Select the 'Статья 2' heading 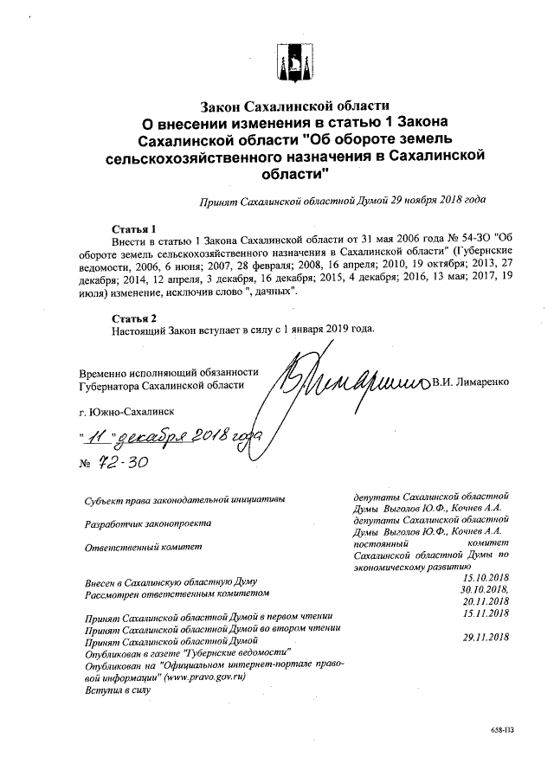coord(132,318)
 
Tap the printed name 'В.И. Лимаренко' coord(472,382)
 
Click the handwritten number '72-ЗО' coord(123,464)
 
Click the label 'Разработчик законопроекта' coord(147,524)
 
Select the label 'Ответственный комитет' coord(142,548)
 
